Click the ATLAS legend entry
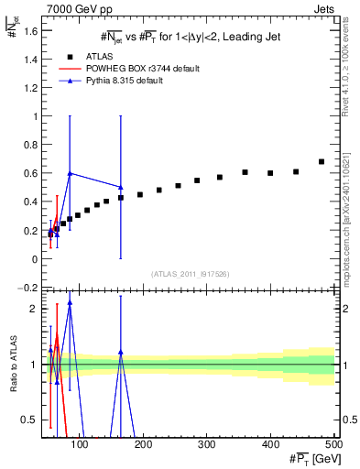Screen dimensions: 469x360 [116, 56]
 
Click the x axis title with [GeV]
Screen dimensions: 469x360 [311, 458]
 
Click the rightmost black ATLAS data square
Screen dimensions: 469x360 [321, 162]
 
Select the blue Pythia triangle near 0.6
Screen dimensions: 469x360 [70, 173]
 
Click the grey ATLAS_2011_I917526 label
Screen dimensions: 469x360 [190, 274]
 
